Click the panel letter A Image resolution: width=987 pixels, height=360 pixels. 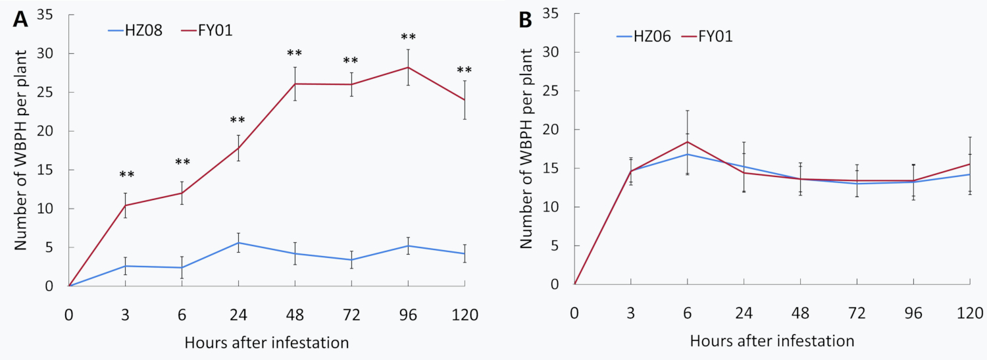(20, 19)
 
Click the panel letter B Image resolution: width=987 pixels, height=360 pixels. (526, 20)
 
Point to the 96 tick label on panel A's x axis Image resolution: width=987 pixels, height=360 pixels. (409, 315)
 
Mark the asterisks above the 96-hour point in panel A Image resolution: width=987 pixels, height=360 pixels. (409, 38)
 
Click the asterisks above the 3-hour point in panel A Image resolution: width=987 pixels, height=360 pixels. (126, 175)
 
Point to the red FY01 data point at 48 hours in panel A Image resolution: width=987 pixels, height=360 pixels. (295, 84)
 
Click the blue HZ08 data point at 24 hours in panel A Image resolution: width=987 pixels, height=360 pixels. (239, 243)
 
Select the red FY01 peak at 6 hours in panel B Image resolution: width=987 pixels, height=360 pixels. (688, 141)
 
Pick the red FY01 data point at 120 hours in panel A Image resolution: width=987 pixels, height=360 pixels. (465, 99)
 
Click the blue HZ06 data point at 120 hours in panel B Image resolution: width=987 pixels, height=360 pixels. (970, 174)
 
